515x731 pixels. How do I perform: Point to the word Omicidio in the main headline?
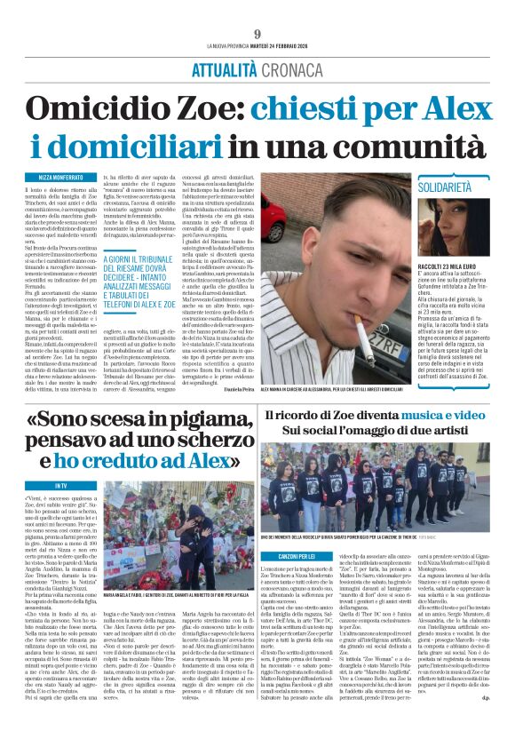pos(89,108)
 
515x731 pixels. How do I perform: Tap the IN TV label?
pos(60,486)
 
